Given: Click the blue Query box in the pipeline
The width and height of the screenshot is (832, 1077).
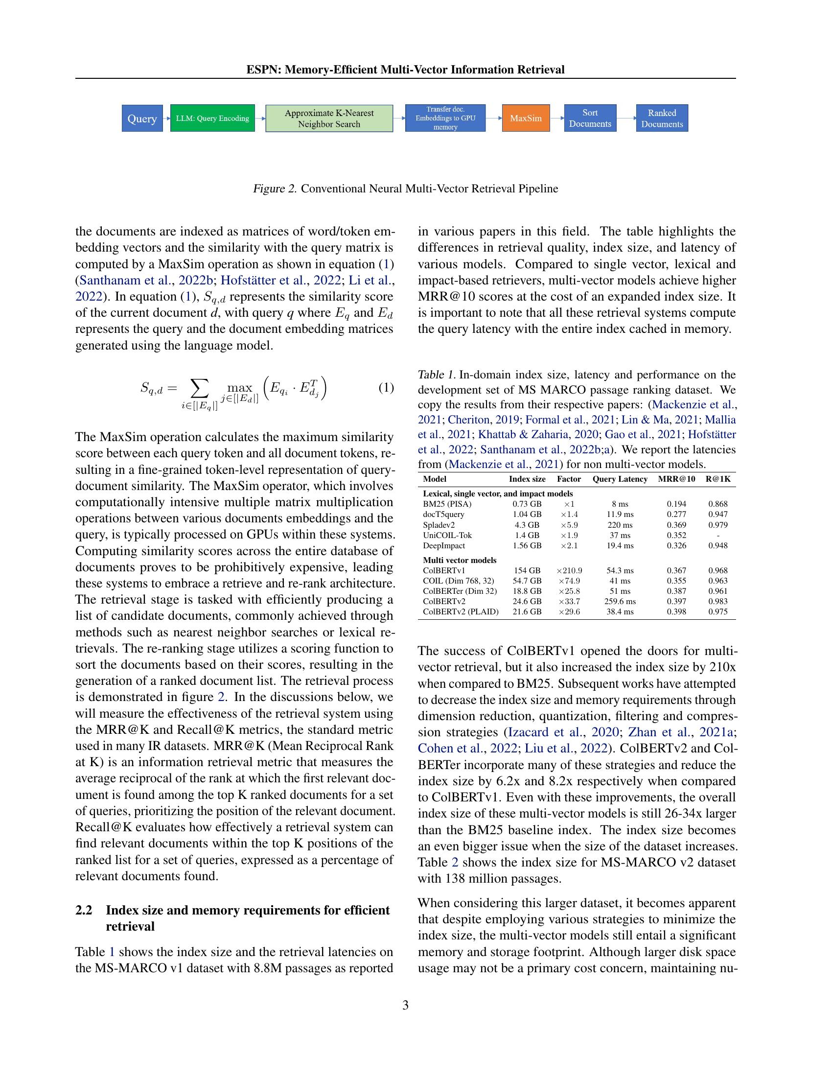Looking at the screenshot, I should pyautogui.click(x=142, y=118).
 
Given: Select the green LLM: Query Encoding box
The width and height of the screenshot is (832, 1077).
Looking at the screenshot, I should pyautogui.click(x=212, y=118).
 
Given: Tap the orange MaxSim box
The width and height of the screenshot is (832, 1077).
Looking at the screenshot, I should pyautogui.click(x=526, y=118).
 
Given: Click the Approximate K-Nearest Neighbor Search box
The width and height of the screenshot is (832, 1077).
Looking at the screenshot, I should pyautogui.click(x=329, y=118).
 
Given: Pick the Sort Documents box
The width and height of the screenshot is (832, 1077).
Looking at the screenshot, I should pyautogui.click(x=590, y=118).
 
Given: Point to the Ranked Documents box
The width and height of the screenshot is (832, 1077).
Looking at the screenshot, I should pyautogui.click(x=662, y=118).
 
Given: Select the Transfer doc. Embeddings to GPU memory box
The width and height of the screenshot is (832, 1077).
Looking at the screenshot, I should pyautogui.click(x=445, y=118).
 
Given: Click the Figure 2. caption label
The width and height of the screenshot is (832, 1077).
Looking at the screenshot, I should pyautogui.click(x=275, y=189).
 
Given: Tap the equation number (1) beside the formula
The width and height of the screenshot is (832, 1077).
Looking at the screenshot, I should pyautogui.click(x=386, y=388).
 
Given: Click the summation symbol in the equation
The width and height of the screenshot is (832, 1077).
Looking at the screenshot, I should pyautogui.click(x=199, y=390).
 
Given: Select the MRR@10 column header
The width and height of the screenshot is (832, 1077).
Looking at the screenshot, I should pyautogui.click(x=676, y=479).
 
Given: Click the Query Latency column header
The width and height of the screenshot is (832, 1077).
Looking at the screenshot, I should pyautogui.click(x=620, y=479).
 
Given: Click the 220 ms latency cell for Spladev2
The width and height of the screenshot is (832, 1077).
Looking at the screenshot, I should pyautogui.click(x=620, y=525).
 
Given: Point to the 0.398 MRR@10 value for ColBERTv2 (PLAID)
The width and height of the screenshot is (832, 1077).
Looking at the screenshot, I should pyautogui.click(x=676, y=612).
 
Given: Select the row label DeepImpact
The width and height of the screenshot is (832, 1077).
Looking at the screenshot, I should pyautogui.click(x=443, y=546).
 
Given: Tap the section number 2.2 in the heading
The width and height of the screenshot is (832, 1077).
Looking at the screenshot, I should pyautogui.click(x=84, y=911).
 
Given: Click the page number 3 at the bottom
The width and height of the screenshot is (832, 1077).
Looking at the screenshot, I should pyautogui.click(x=405, y=1006).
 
